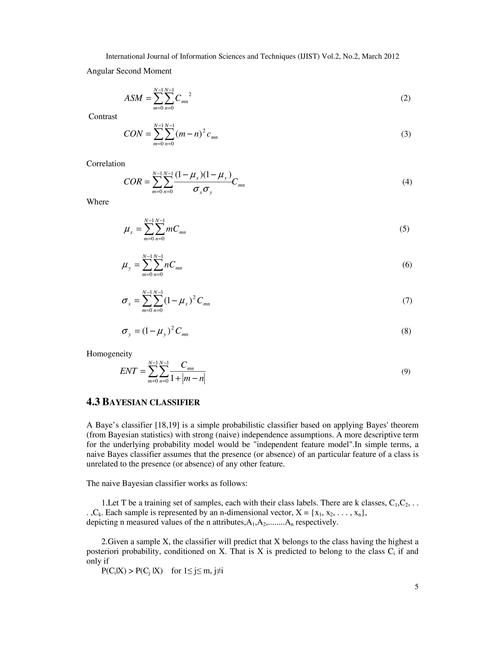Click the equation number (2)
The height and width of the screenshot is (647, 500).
pos(406,98)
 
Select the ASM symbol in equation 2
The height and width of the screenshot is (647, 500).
pos(133,98)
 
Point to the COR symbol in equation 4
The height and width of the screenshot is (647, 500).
pos(133,182)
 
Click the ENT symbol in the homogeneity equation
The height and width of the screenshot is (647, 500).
pos(129,371)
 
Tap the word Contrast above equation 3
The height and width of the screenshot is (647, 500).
pos(103,116)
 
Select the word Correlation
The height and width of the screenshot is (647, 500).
pos(105,164)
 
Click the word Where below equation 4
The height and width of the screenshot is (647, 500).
pos(97,202)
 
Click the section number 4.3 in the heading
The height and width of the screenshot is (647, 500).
pos(93,402)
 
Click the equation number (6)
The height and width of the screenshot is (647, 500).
pos(407,265)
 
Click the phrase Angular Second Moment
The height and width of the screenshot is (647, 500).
pos(129,71)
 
